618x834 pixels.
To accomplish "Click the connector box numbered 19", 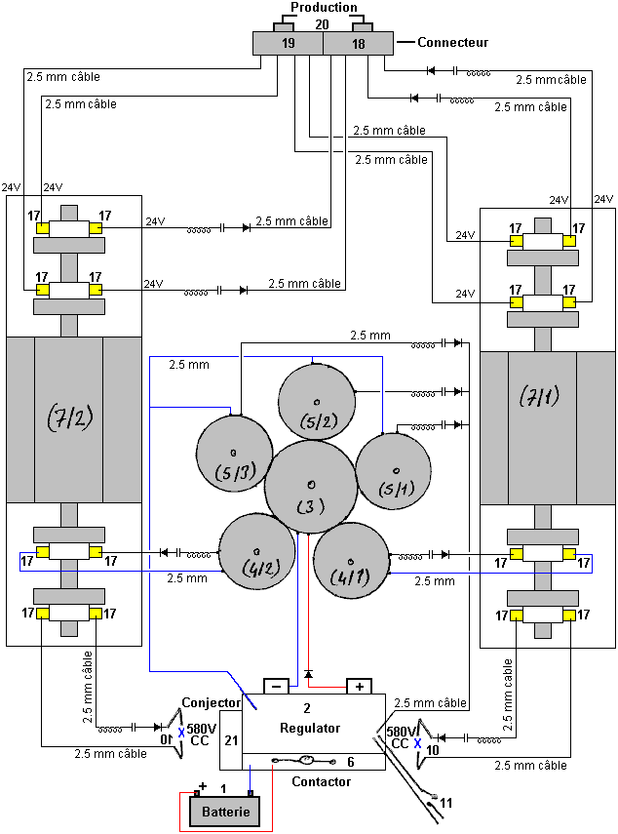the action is tap(288, 43).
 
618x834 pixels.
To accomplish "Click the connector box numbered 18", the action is tap(358, 43).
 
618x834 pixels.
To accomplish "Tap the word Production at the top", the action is tap(324, 7).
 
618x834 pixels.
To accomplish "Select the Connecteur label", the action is tap(452, 43).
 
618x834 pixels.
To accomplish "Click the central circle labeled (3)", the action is tap(311, 487).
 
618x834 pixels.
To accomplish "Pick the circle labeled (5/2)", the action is tap(317, 402).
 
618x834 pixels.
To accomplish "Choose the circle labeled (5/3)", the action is tap(234, 454).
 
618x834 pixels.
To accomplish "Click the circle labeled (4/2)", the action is tap(257, 551).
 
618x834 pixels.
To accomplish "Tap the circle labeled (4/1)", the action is tap(351, 560).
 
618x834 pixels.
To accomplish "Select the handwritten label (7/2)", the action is tap(69, 417).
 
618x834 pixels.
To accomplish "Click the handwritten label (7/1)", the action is tap(539, 395).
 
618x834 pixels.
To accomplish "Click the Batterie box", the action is tap(225, 812).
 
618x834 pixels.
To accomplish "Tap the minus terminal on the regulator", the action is tap(276, 686).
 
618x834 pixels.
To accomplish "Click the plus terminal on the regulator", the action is tap(360, 686).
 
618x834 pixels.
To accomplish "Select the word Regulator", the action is tap(310, 728).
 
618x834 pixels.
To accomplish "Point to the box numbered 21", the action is tap(231, 740).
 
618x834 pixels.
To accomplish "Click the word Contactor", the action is tap(321, 781).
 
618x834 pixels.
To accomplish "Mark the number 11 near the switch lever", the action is tap(446, 803).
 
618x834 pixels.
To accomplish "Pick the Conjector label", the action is tap(211, 702).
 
